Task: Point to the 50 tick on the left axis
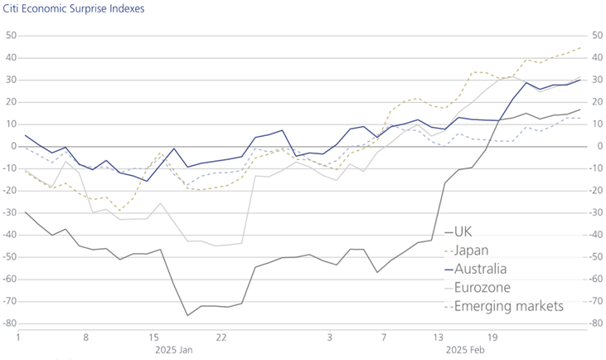[11, 36]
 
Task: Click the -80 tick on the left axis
[9, 324]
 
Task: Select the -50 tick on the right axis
[594, 257]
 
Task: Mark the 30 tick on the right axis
[594, 80]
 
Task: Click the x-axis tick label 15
[153, 338]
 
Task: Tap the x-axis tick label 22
[221, 338]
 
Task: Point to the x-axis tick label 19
[493, 338]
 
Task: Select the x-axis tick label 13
[439, 338]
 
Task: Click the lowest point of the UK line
[187, 315]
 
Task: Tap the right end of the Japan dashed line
[579, 47]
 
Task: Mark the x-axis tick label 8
[85, 338]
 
